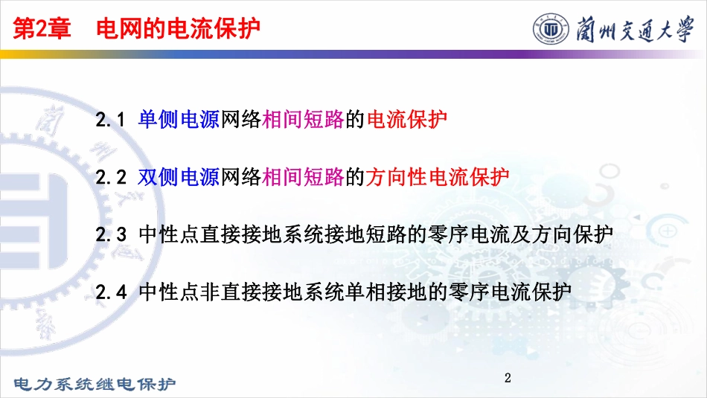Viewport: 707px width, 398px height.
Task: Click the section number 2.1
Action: tap(110, 120)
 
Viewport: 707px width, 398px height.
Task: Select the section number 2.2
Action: tap(111, 177)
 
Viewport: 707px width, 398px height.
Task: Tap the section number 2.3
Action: tap(111, 234)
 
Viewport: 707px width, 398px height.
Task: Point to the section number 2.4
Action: tap(111, 292)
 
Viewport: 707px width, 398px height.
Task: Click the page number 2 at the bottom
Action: tap(508, 378)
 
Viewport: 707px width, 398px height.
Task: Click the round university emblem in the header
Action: tap(551, 29)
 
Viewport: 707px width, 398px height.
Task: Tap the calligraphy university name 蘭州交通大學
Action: tap(635, 29)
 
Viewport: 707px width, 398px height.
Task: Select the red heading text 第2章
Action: tap(42, 28)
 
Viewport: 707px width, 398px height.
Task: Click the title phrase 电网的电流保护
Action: tap(179, 28)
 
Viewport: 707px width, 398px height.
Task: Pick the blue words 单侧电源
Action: tap(179, 120)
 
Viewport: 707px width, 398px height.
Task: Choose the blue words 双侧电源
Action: tap(179, 177)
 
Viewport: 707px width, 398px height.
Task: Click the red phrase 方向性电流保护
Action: tap(438, 177)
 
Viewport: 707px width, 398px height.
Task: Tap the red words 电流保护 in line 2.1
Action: tap(406, 120)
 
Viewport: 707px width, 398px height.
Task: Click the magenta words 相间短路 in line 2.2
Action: tap(303, 177)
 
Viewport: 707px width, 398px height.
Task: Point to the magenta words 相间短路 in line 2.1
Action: tap(303, 120)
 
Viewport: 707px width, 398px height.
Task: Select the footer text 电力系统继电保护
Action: tap(95, 384)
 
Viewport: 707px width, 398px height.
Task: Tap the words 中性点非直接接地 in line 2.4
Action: tap(221, 291)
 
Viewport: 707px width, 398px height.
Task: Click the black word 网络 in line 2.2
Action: tap(241, 177)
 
